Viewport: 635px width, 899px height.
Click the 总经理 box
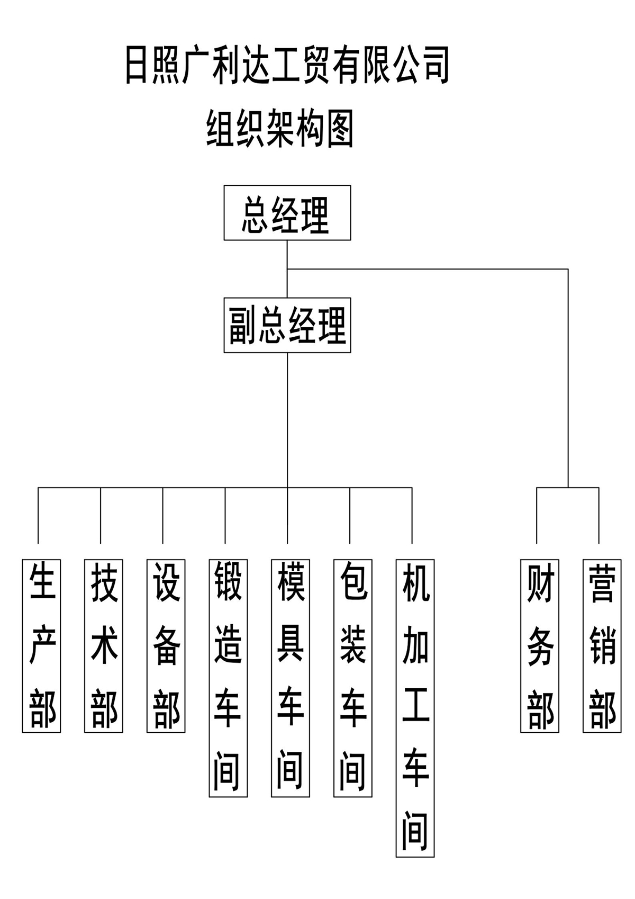[x=287, y=213]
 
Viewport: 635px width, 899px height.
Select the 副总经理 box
[x=287, y=325]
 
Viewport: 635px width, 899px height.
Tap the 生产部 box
[x=41, y=646]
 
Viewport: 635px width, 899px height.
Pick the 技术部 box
[x=104, y=646]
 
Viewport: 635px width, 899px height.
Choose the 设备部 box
[x=166, y=646]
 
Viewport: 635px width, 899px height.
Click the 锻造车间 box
[x=228, y=678]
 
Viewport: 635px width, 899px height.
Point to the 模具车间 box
[x=291, y=678]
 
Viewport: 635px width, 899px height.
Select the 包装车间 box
[x=353, y=678]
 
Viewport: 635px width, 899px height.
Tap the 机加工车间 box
[x=415, y=708]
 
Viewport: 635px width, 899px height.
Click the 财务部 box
[x=540, y=646]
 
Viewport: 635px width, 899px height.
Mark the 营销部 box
[x=602, y=646]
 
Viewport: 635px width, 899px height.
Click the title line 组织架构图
[x=280, y=129]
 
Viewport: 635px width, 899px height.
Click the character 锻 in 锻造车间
[x=228, y=581]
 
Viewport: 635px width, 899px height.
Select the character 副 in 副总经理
[x=243, y=325]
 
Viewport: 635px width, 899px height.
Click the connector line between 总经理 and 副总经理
[x=287, y=269]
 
